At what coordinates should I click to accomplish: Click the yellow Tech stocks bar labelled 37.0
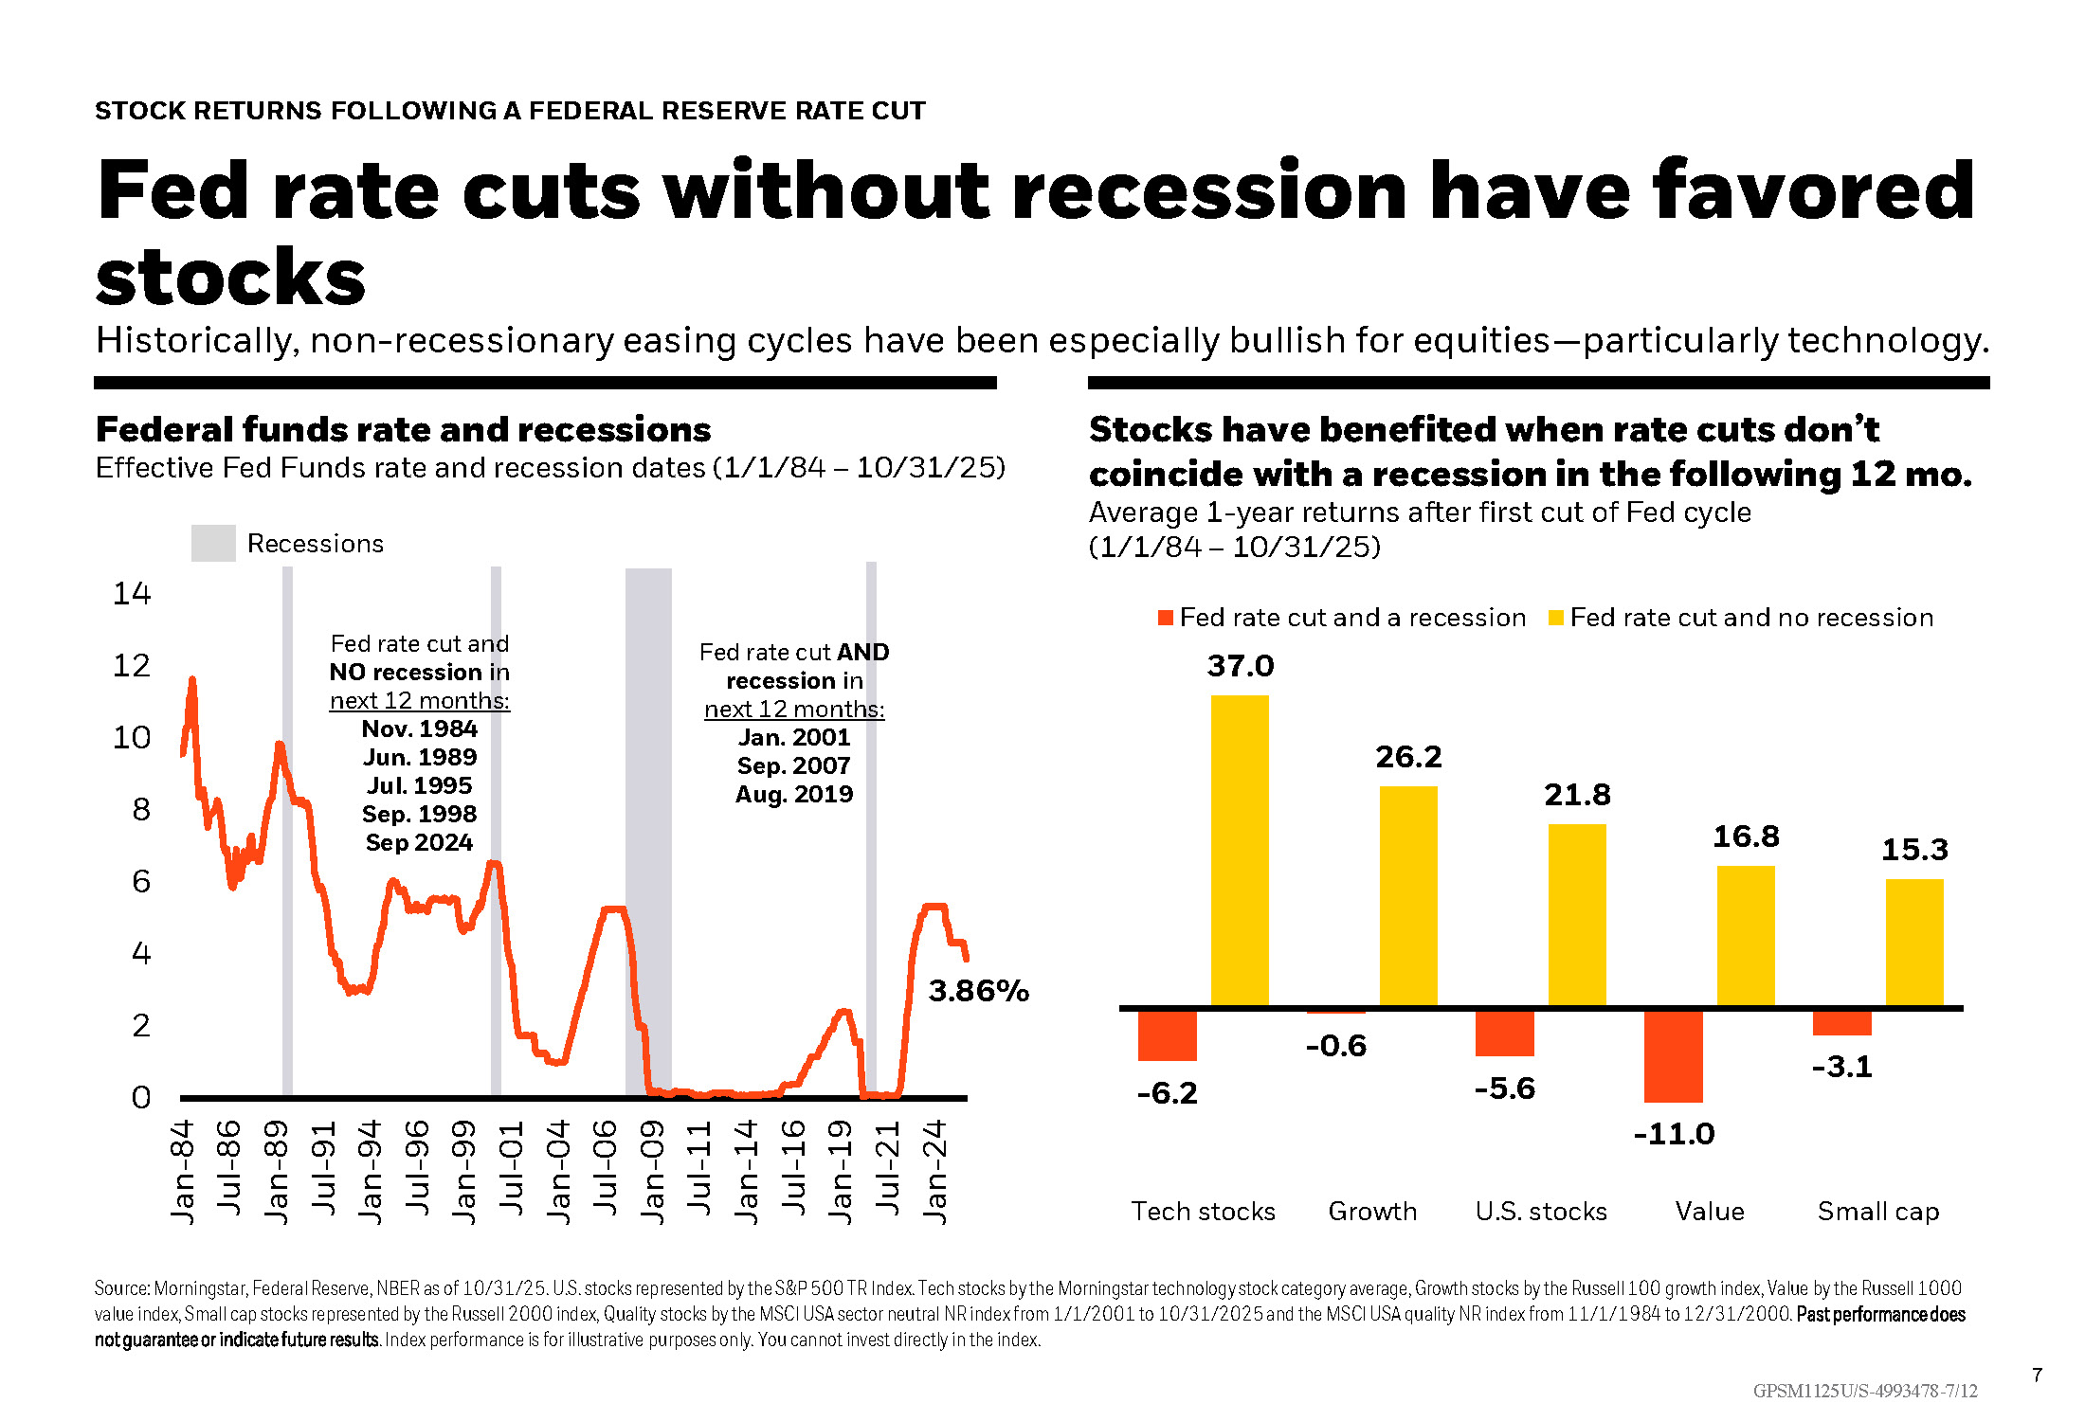(1240, 850)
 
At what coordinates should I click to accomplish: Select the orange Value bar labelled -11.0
(1673, 1056)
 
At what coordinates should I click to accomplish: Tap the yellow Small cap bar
(1914, 943)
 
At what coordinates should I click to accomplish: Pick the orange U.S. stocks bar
(1504, 1034)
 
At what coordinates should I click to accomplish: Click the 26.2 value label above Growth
(1408, 757)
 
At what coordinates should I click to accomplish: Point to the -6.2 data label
(1167, 1093)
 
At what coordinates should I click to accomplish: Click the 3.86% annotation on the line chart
(978, 991)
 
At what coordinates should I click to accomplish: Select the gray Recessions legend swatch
(213, 544)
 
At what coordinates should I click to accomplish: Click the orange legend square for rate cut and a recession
(1166, 618)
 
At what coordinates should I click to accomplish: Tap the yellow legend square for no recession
(1555, 618)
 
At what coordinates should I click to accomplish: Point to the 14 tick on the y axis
(132, 594)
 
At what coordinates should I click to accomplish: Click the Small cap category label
(1877, 1212)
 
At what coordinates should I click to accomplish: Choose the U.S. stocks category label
(1541, 1212)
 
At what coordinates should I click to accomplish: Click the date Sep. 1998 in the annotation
(419, 814)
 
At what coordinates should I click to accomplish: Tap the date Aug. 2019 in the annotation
(794, 794)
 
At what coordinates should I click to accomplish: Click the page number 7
(2037, 1375)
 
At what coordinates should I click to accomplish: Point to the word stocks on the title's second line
(230, 279)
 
